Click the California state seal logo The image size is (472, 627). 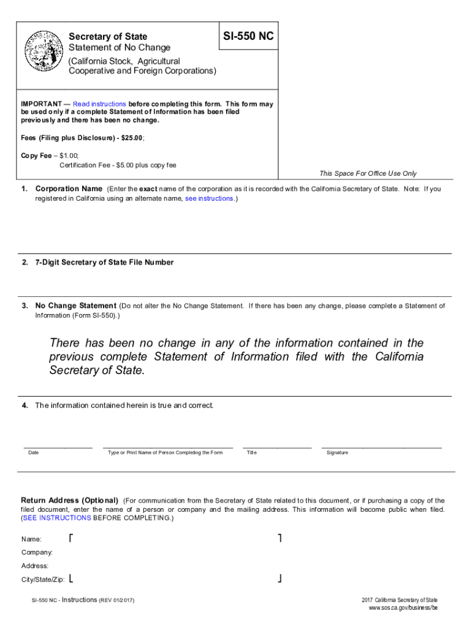pos(42,51)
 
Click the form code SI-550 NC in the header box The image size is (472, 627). pos(249,37)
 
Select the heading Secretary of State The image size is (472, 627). pos(108,37)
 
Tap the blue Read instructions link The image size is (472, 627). pos(99,104)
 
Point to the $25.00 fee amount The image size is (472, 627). pos(131,138)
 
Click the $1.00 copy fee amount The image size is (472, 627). pos(66,156)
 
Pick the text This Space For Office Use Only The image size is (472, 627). pos(368,174)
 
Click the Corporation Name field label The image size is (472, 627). pos(69,189)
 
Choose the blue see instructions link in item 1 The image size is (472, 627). pos(209,198)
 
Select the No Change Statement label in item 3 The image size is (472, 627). pos(75,306)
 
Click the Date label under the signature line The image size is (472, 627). pos(34,452)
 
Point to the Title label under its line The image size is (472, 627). pos(251,452)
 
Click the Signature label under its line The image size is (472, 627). pos(337,452)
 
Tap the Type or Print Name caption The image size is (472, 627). pos(165,452)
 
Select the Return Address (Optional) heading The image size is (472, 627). pos(70,501)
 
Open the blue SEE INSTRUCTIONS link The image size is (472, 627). pos(57,518)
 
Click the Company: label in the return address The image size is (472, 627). pos(37,552)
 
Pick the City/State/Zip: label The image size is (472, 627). pos(43,579)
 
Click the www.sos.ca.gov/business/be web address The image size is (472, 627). pos(403,607)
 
